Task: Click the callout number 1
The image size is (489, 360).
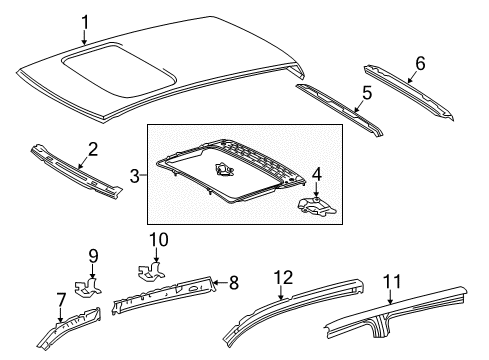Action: [x=85, y=22]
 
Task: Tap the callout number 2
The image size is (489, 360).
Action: [x=92, y=150]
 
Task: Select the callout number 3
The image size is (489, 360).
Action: [x=135, y=176]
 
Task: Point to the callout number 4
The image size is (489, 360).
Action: [x=317, y=177]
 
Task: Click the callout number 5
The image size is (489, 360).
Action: [x=367, y=93]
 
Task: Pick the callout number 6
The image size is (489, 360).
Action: [x=420, y=63]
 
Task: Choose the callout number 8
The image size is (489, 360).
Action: [x=233, y=283]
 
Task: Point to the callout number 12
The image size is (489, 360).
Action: [x=284, y=276]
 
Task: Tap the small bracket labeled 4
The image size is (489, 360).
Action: [x=317, y=207]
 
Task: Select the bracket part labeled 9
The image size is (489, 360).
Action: [x=91, y=286]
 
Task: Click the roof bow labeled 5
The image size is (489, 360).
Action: [x=340, y=103]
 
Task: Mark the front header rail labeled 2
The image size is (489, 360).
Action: [x=75, y=167]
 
